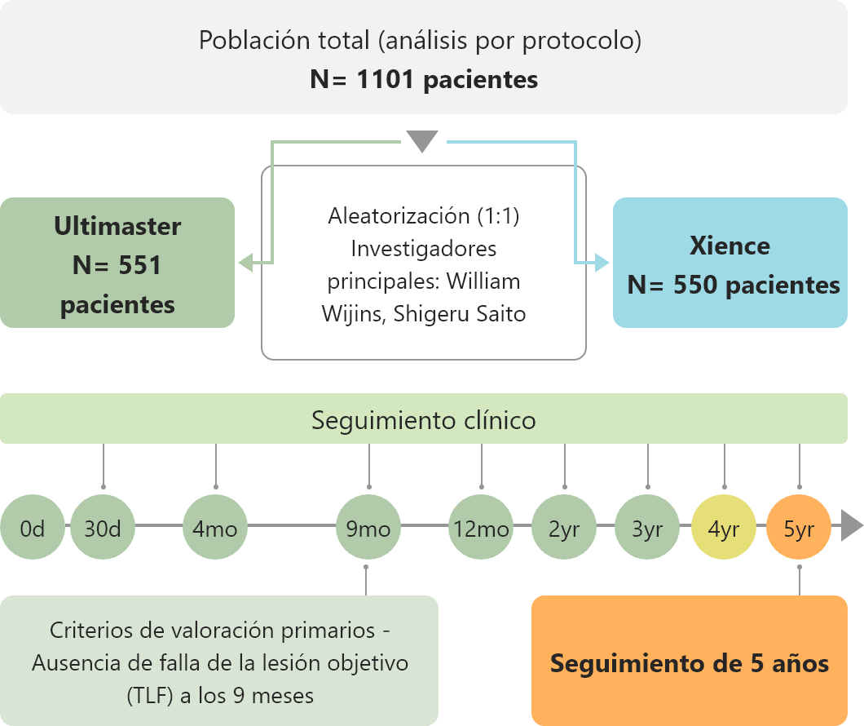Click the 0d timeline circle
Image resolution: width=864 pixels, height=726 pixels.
click(33, 527)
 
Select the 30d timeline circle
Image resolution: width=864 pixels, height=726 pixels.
click(103, 527)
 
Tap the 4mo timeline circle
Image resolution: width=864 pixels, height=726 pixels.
click(215, 527)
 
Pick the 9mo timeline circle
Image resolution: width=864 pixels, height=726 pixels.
click(368, 527)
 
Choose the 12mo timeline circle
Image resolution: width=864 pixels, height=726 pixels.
click(481, 527)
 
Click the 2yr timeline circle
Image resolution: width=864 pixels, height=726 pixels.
click(564, 527)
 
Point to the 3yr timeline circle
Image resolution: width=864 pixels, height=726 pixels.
click(647, 527)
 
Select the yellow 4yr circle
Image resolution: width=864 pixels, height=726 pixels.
click(724, 527)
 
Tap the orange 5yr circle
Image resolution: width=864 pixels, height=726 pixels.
click(799, 527)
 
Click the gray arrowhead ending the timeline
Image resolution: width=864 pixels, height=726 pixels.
click(851, 526)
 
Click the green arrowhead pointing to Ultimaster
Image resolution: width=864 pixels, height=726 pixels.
click(246, 263)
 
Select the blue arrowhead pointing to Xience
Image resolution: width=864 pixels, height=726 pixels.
click(602, 263)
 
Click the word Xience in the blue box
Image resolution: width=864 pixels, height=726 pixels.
click(730, 246)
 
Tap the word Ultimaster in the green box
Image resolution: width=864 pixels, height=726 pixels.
click(117, 227)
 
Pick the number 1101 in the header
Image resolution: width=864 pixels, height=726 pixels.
click(386, 79)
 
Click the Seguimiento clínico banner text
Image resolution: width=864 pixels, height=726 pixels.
click(424, 420)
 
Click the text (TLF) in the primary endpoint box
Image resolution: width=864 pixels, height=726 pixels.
click(150, 696)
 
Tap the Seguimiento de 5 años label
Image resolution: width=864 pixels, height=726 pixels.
click(690, 663)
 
